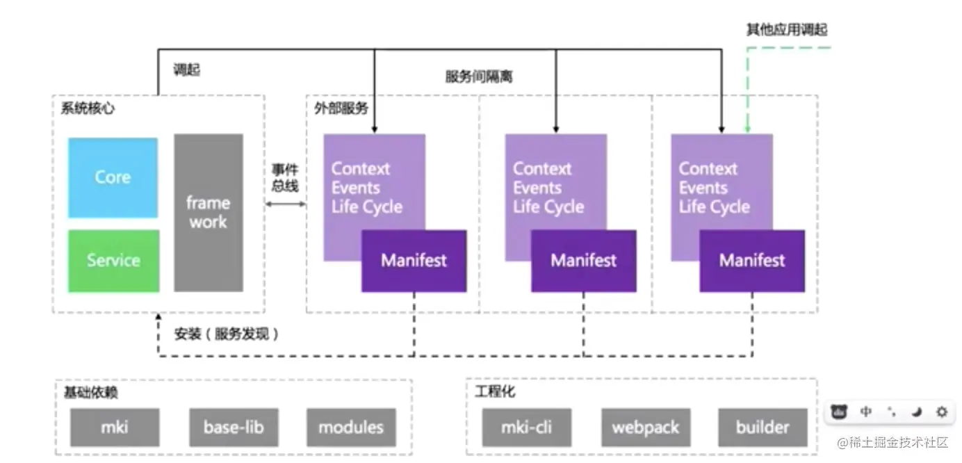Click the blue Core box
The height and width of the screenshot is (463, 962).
click(x=113, y=177)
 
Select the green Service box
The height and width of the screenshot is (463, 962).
click(x=113, y=261)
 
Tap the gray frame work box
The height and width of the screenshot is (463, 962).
click(x=209, y=213)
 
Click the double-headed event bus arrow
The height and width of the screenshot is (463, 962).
click(x=286, y=204)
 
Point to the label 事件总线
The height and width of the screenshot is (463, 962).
click(x=285, y=178)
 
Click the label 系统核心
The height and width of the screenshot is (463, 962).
click(x=88, y=108)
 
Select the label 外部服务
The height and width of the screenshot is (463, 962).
click(x=341, y=108)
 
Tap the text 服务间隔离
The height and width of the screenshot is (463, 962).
click(x=479, y=76)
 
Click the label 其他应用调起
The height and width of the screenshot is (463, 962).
click(x=787, y=29)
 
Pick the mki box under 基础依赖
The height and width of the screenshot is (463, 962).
click(x=115, y=428)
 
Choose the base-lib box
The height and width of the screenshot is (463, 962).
click(x=234, y=428)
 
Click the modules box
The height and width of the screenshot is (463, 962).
click(x=351, y=428)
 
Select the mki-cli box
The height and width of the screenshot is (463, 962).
click(x=526, y=428)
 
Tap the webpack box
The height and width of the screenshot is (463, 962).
click(x=646, y=428)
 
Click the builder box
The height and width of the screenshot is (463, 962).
click(x=763, y=428)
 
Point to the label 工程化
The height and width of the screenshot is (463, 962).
click(x=495, y=391)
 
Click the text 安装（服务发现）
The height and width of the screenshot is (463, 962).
click(x=227, y=334)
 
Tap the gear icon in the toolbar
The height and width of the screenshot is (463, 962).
click(x=942, y=412)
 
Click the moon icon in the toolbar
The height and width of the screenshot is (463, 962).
click(x=917, y=412)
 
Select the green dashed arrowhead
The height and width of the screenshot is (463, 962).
click(x=747, y=129)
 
